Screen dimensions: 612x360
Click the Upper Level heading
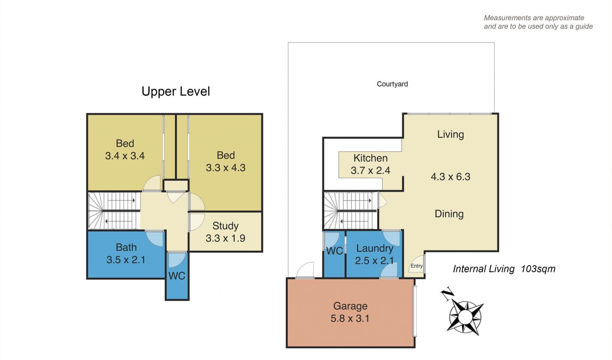(x=176, y=92)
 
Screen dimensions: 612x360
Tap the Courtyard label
(x=392, y=84)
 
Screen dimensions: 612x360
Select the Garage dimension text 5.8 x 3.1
(x=350, y=318)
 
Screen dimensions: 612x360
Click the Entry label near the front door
(x=417, y=266)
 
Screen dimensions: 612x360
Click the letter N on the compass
(x=448, y=293)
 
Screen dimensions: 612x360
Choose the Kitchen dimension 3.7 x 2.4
(x=370, y=170)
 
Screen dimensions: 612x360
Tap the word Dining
(x=449, y=214)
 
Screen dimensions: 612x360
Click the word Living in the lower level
(x=450, y=134)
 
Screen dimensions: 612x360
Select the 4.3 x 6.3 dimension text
(x=450, y=177)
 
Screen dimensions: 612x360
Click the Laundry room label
(x=375, y=248)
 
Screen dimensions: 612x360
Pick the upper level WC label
(x=177, y=276)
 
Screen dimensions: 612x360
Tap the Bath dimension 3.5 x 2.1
(x=126, y=260)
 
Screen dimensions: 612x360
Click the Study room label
(x=225, y=226)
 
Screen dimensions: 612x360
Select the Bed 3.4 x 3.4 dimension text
(x=125, y=156)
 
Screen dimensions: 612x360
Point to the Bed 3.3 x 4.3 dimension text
(x=226, y=168)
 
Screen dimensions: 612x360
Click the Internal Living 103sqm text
(x=504, y=269)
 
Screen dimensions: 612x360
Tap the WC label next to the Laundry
(x=334, y=251)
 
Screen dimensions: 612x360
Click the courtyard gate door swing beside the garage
(x=305, y=270)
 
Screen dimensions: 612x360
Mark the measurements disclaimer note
(x=538, y=22)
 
